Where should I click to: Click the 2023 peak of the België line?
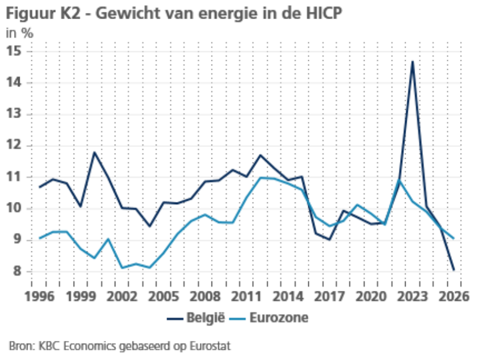click(x=412, y=61)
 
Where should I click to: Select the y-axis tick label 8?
click(x=17, y=271)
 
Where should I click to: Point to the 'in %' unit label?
click(x=20, y=33)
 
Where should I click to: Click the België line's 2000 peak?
click(x=95, y=152)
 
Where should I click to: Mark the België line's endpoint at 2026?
click(x=453, y=270)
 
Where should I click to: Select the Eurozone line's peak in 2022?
click(x=399, y=180)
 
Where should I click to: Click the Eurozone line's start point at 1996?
click(x=39, y=238)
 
